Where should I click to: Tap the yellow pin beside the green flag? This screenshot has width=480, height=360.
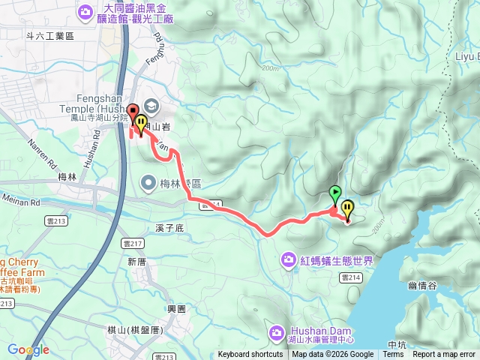pyautogui.click(x=346, y=208)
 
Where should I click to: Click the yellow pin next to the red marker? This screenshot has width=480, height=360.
pyautogui.click(x=140, y=123)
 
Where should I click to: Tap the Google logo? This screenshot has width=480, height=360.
pyautogui.click(x=28, y=349)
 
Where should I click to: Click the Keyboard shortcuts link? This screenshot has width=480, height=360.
pyautogui.click(x=250, y=355)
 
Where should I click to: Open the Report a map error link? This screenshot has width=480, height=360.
pyautogui.click(x=444, y=355)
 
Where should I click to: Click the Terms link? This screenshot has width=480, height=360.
pyautogui.click(x=393, y=355)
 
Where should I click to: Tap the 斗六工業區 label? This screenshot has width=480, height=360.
pyautogui.click(x=50, y=35)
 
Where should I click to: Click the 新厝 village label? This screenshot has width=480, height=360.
pyautogui.click(x=136, y=262)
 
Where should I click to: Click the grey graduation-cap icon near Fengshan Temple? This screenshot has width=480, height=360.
pyautogui.click(x=149, y=106)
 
